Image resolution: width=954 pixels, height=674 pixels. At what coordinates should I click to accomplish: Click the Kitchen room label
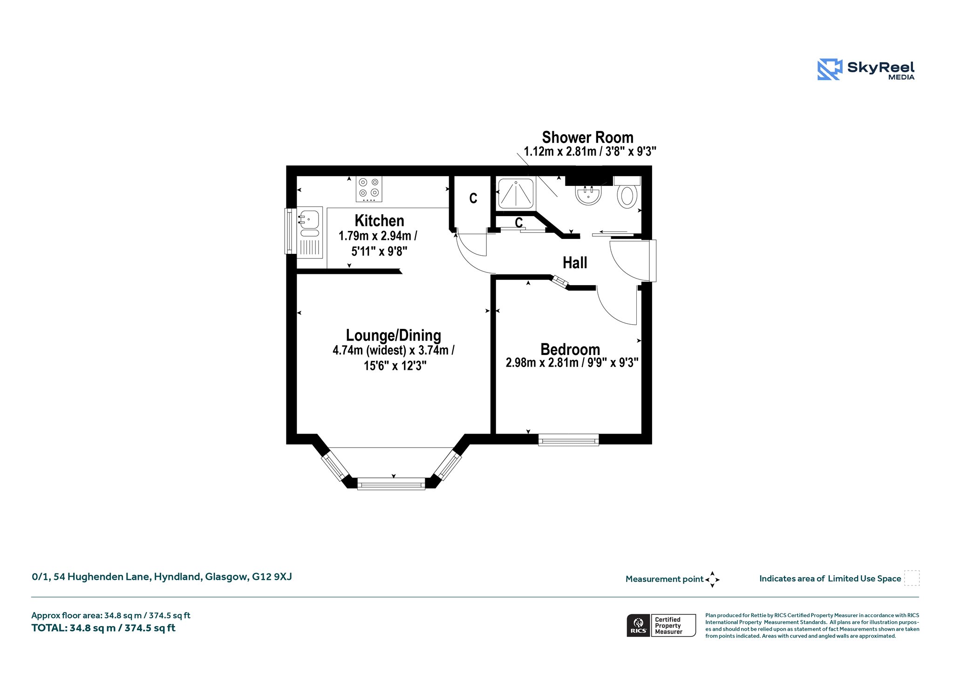point(379,220)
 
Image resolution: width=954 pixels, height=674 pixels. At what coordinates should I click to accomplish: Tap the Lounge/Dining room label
point(394,335)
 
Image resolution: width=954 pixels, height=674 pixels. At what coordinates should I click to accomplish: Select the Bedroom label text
point(570,349)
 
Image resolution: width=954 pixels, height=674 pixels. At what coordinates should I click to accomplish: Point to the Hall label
point(575,263)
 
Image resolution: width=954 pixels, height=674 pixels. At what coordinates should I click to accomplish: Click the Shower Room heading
point(587,137)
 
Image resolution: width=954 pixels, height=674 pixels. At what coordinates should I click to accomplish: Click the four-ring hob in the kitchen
point(369,189)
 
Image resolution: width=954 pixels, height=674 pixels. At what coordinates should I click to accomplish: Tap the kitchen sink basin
point(309,219)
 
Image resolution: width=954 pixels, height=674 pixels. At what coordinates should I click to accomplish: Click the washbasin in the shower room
point(588,195)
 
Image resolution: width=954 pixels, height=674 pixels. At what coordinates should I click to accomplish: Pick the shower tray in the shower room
point(516,193)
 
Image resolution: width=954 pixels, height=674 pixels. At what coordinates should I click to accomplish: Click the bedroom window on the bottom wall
point(568,440)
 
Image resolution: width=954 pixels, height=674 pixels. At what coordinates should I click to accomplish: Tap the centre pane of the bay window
point(391,484)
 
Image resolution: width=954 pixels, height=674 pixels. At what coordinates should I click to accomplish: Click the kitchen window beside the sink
point(290,231)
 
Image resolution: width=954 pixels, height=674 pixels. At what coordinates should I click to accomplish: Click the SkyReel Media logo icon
point(830,69)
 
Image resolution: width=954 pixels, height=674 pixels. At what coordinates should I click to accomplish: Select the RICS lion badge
point(639,625)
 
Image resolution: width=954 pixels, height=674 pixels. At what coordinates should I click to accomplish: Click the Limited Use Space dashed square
point(912,578)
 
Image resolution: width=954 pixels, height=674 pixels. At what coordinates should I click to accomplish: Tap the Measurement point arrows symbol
point(712,579)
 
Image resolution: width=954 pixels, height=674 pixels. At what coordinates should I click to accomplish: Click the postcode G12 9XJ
point(272,577)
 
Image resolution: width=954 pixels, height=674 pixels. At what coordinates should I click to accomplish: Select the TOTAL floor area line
point(103,628)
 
